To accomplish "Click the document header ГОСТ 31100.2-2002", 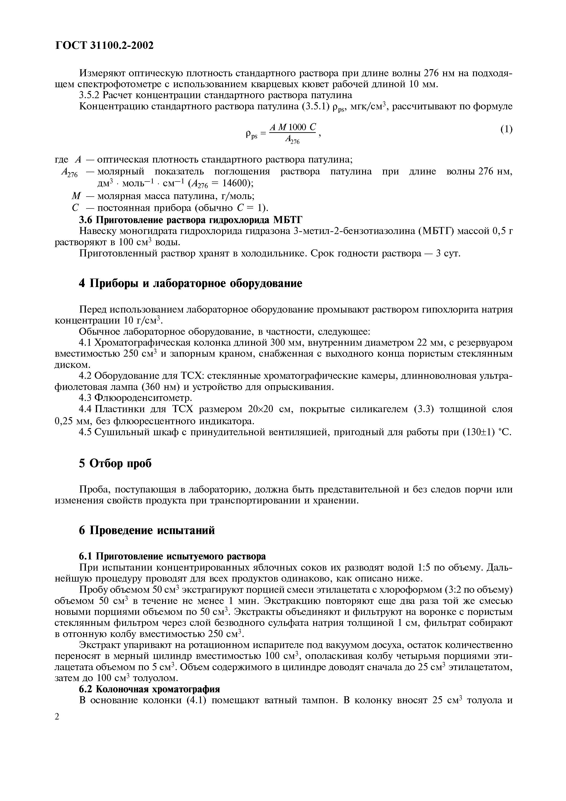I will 104,45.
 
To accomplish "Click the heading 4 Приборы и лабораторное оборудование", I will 190,283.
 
